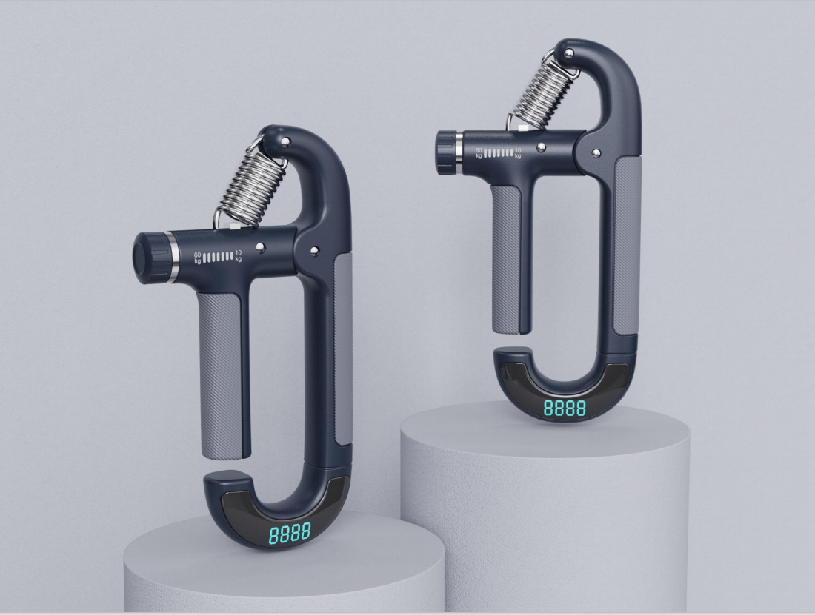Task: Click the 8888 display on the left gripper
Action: [290, 534]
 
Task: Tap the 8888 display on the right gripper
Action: [565, 408]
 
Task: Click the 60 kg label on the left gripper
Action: [198, 258]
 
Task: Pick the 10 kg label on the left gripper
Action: [238, 256]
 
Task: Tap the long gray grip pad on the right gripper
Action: [624, 244]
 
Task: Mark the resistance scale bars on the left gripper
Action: [218, 258]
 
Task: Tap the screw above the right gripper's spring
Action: [568, 53]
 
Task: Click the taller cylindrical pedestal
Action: [545, 503]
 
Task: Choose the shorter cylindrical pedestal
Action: [282, 574]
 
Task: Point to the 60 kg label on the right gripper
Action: [479, 153]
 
